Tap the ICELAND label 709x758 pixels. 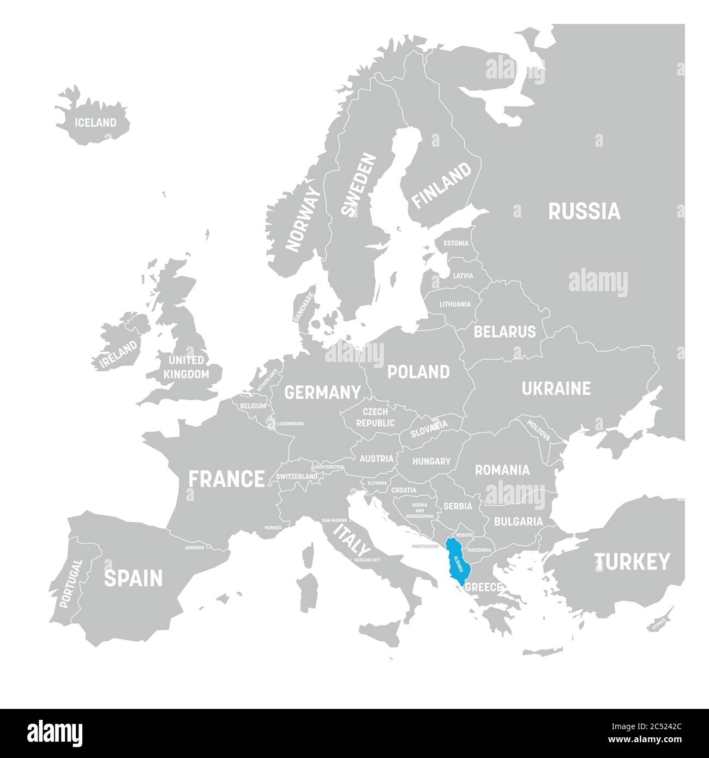(96, 122)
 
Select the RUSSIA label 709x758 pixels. (584, 211)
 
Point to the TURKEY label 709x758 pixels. (632, 561)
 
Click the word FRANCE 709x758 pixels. (226, 479)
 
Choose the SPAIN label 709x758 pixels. (133, 578)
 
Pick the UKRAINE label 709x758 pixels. (556, 388)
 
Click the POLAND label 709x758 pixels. (418, 372)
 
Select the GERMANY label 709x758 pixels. (323, 392)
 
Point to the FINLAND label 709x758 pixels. (441, 185)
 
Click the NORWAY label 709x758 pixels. (304, 219)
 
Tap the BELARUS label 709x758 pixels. (504, 332)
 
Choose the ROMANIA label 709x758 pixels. (502, 470)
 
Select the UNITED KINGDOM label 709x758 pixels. (187, 367)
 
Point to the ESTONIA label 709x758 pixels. (455, 243)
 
